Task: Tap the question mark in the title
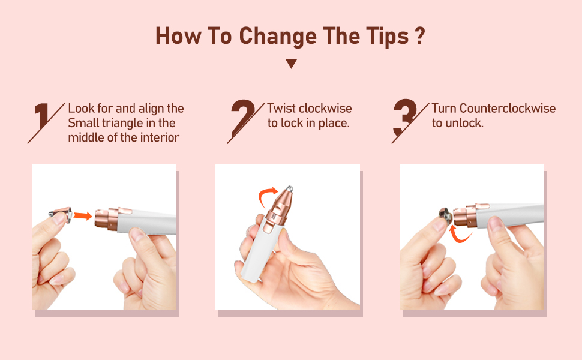pyautogui.click(x=420, y=36)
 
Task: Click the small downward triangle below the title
pyautogui.click(x=291, y=64)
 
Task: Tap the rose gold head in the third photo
pyautogui.click(x=472, y=214)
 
